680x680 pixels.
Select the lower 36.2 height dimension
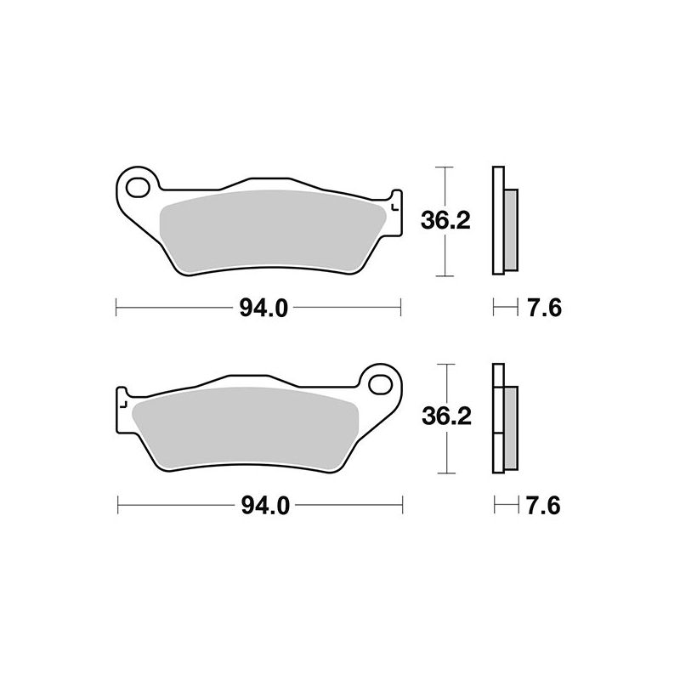pos(445,417)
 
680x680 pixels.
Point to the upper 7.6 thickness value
pos(542,309)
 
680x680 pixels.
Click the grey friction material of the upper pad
pos(272,229)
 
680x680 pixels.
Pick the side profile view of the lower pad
pos(501,417)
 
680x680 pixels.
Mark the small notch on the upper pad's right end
pos(394,204)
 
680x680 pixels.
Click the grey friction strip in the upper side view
pos(510,227)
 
